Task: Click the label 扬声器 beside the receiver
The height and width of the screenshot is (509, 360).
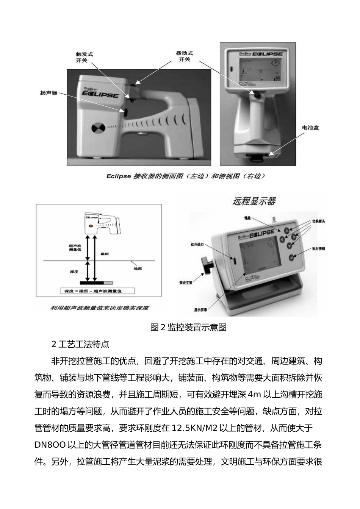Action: (49, 93)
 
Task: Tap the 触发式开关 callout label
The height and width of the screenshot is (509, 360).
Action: (84, 57)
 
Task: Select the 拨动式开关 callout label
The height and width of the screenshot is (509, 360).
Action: (184, 56)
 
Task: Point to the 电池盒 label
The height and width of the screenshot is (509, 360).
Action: (310, 128)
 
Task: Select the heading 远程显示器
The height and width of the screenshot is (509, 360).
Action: (254, 201)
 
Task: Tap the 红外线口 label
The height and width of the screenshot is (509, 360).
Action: (197, 245)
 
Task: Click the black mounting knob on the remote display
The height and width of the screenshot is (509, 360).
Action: (207, 264)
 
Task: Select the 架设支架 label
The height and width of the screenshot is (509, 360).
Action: (186, 283)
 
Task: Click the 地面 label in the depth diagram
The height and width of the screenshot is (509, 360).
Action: (138, 269)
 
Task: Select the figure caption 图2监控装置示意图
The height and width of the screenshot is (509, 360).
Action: (188, 328)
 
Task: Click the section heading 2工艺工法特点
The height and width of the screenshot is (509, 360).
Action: (80, 344)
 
